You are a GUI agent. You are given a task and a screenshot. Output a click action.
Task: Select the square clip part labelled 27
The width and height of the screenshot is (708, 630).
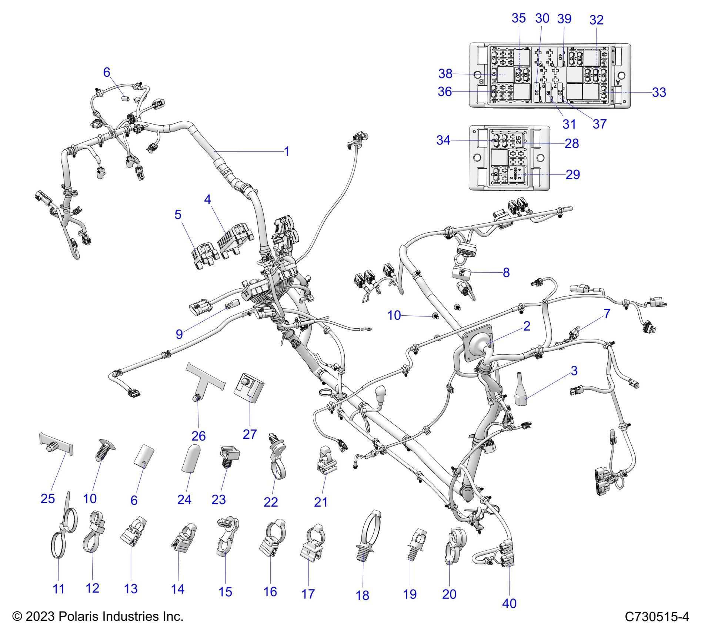pyautogui.click(x=249, y=387)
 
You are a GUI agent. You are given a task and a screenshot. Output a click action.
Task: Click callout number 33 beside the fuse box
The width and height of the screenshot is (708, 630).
pyautogui.click(x=659, y=92)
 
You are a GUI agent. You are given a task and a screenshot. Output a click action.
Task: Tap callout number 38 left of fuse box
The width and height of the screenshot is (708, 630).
pyautogui.click(x=445, y=74)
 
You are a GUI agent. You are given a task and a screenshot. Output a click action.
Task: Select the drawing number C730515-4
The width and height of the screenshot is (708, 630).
pyautogui.click(x=657, y=617)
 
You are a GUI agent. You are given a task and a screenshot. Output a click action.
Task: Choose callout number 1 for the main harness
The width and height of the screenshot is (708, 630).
pyautogui.click(x=287, y=151)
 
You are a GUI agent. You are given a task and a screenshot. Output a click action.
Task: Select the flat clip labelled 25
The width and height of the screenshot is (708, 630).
pyautogui.click(x=56, y=444)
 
